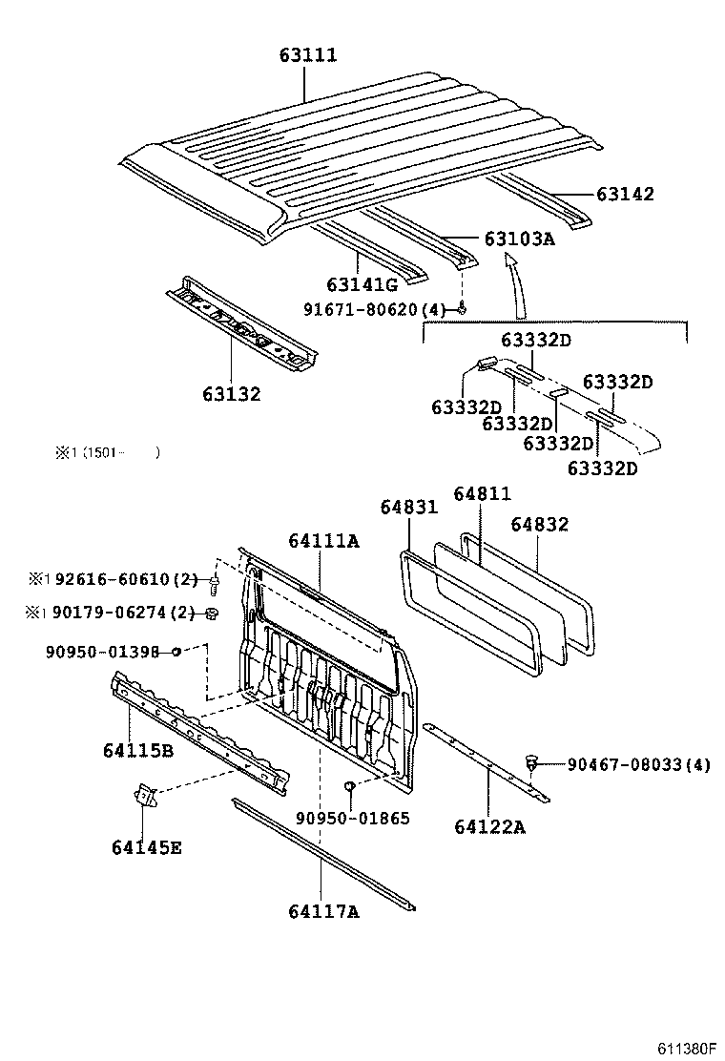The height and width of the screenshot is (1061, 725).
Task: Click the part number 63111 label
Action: tap(307, 55)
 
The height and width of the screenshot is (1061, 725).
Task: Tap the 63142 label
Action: tap(625, 194)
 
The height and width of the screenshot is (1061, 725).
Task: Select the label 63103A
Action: tap(518, 239)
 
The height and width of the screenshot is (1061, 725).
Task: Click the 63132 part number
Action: tap(230, 393)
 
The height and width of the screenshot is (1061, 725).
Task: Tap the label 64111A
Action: tap(322, 541)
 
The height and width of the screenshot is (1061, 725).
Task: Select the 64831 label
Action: tap(408, 508)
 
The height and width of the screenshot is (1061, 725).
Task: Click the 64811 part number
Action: tap(482, 493)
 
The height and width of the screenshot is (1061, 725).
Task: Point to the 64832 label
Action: tap(539, 524)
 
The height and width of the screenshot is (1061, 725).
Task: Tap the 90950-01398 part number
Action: tap(102, 652)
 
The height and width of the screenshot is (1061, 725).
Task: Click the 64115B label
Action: tap(138, 750)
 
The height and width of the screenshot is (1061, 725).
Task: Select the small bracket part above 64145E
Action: tap(143, 794)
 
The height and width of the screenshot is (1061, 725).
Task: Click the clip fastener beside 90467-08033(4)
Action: tap(532, 762)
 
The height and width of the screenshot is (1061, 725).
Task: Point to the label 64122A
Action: tap(488, 826)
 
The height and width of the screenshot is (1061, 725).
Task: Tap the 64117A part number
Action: tap(322, 911)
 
